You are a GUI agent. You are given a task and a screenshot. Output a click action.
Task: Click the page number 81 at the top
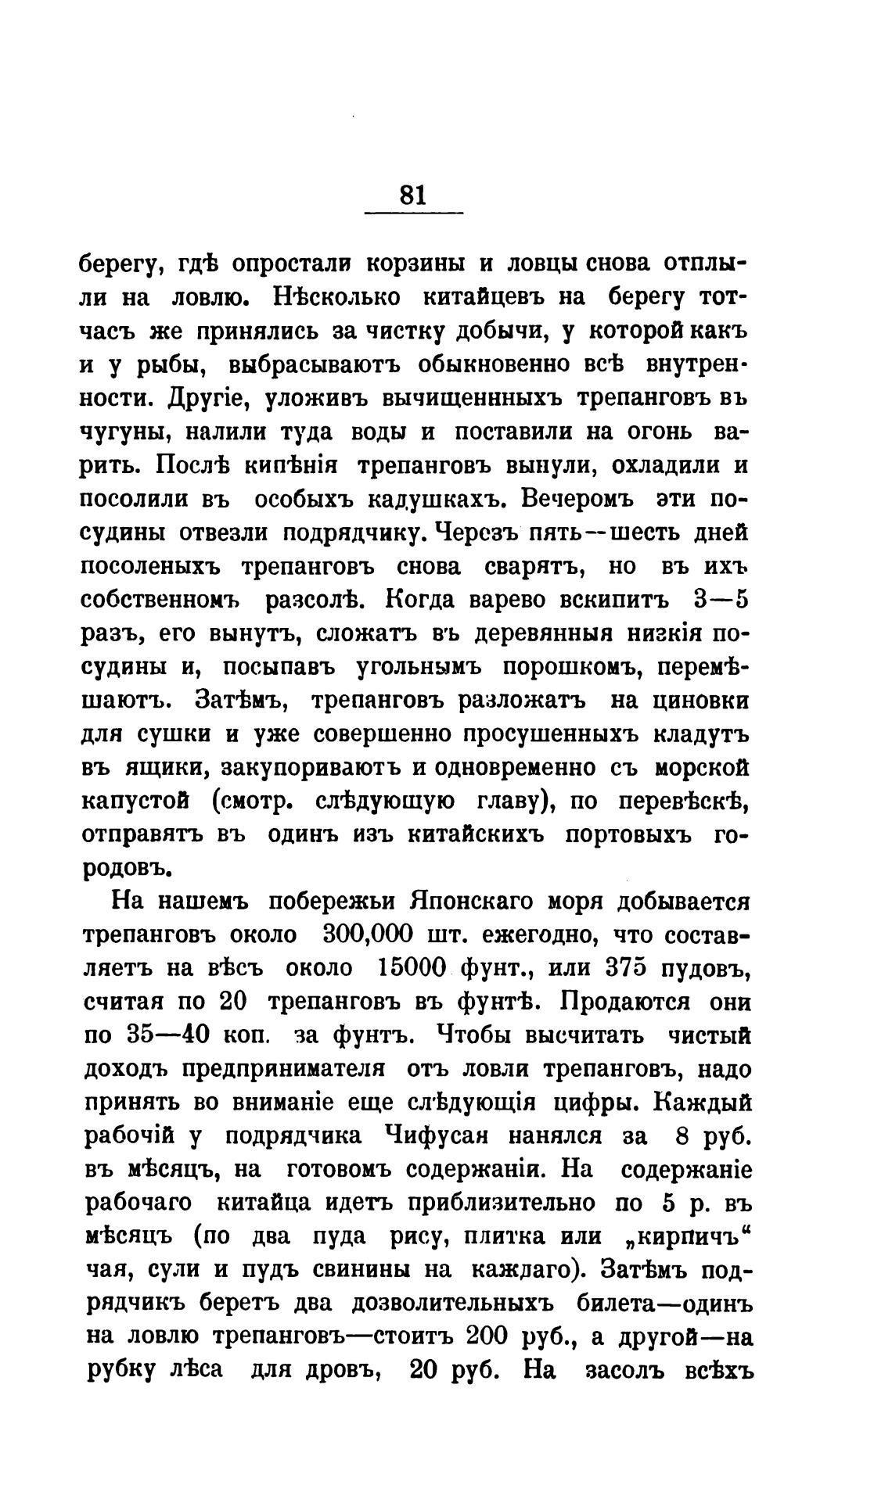coord(412,194)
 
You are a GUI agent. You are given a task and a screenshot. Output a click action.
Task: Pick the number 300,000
coord(369,935)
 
